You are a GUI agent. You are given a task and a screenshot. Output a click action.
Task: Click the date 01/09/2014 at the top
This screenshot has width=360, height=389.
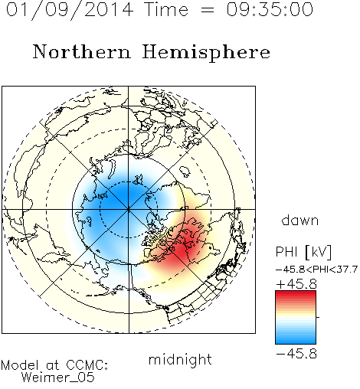click(70, 10)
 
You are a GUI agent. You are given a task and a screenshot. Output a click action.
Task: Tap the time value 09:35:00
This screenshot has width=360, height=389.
click(270, 9)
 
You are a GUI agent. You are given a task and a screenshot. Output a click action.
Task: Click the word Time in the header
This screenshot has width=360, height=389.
click(166, 9)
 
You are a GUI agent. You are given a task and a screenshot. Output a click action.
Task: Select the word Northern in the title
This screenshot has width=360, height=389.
click(82, 51)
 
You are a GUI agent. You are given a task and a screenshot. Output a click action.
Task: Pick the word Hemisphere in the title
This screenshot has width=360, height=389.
click(206, 53)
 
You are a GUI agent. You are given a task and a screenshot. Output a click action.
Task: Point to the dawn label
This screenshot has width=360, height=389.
click(300, 220)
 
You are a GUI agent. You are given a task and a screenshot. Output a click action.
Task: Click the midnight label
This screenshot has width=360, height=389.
click(180, 359)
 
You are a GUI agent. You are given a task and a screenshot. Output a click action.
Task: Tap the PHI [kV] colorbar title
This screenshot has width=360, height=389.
click(303, 252)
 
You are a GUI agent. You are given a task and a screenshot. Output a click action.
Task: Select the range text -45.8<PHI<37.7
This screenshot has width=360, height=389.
click(316, 270)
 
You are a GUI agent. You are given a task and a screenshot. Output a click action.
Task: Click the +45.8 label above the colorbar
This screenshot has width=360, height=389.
click(296, 284)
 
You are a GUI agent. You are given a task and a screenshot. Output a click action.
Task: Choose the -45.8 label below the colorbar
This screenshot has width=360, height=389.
click(296, 354)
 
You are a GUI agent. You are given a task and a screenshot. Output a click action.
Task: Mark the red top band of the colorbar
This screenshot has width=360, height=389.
click(296, 294)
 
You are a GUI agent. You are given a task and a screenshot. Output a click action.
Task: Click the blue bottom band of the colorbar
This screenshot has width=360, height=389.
click(296, 341)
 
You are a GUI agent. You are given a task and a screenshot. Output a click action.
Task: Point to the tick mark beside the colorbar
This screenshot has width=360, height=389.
click(318, 317)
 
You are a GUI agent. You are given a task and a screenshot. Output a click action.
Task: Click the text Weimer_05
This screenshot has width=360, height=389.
click(58, 377)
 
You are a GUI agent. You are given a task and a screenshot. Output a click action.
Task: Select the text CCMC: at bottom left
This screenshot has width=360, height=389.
click(87, 365)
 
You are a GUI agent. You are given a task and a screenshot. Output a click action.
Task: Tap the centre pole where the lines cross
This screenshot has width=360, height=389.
click(129, 209)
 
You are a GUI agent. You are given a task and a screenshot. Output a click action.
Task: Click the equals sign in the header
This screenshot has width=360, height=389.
click(208, 10)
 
